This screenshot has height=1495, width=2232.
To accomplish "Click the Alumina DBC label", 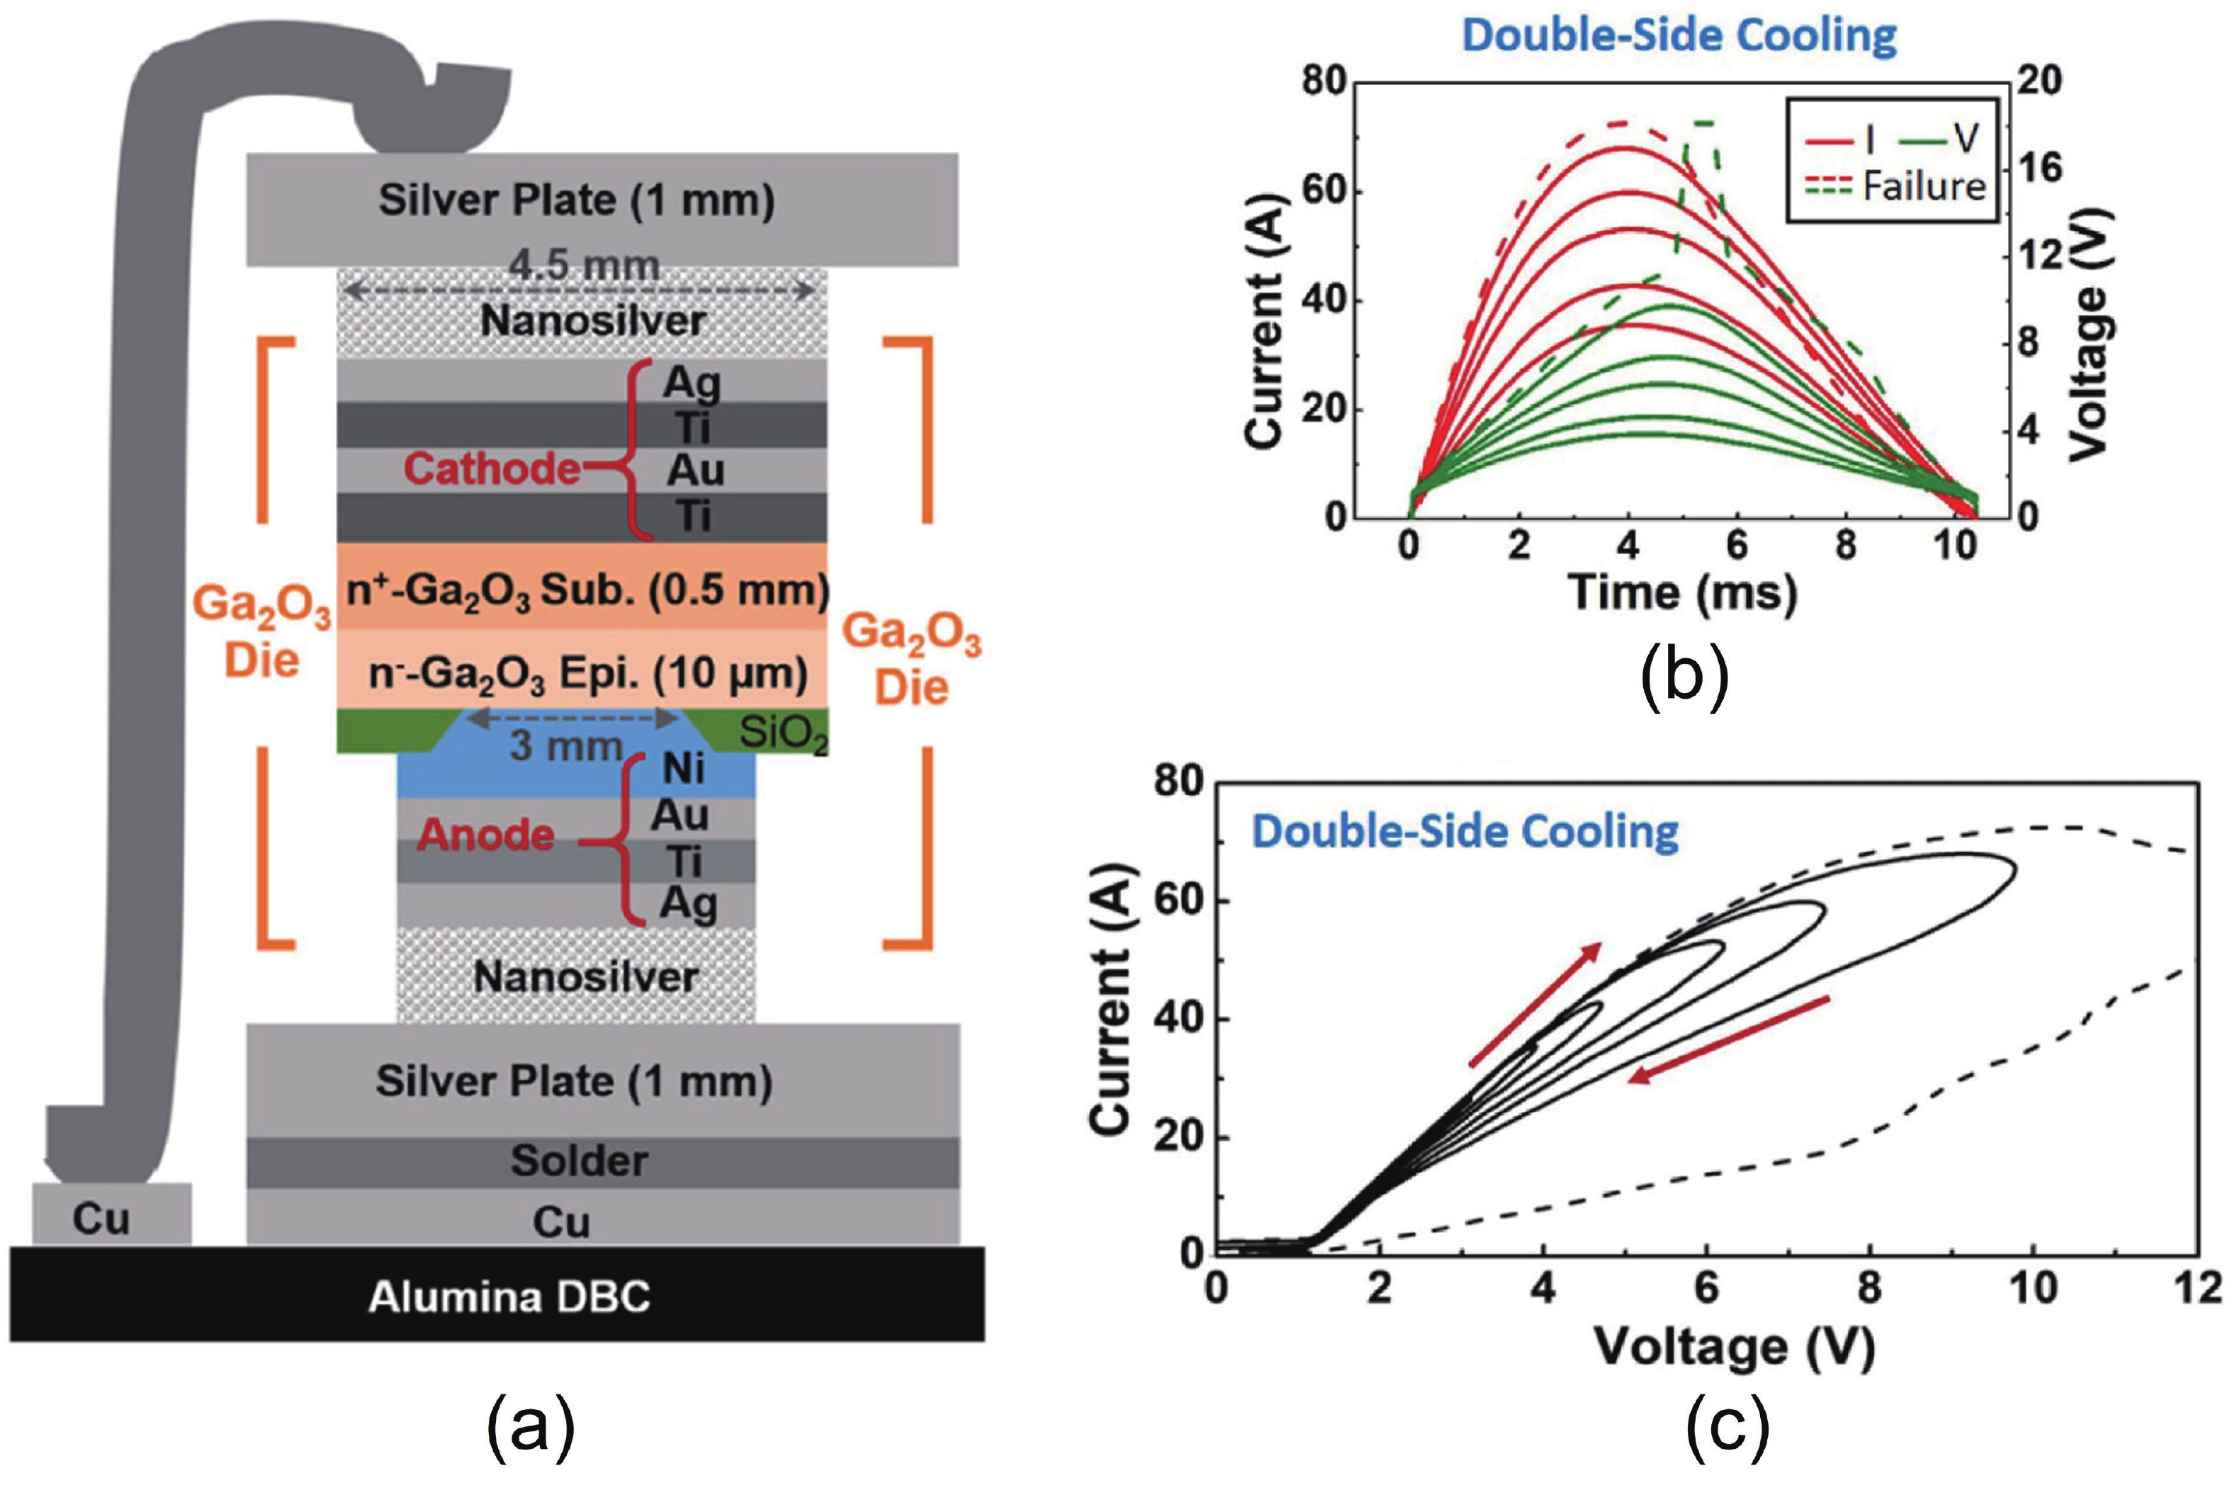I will pos(509,1297).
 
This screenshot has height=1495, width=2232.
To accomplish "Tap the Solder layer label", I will pos(579,1161).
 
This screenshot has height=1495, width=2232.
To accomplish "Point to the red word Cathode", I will pos(491,468).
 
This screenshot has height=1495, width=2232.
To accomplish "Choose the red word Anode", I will pos(485,835).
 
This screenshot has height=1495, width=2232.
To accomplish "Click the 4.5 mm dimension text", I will pos(583,266).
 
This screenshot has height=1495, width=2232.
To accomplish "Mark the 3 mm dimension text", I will pos(565,745).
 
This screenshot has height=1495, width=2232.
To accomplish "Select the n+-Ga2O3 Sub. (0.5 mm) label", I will pos(587,590).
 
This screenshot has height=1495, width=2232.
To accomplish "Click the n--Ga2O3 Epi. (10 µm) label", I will pos(587,674).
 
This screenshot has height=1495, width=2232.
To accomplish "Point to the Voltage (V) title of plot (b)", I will pos(2089,334).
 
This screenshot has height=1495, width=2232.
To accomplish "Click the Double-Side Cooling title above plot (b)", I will pos(1679,36).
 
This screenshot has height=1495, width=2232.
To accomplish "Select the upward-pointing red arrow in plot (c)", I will pos(1534,1003).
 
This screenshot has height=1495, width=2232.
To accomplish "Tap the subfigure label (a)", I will pos(530,1426).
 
